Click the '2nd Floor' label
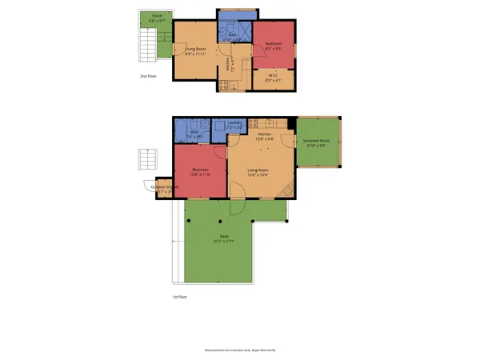147,77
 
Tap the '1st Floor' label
180,297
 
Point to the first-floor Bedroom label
200,170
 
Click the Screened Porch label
317,141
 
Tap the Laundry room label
234,123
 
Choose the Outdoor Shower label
165,187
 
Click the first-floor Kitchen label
261,134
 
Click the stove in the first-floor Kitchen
254,123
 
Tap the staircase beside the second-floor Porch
146,41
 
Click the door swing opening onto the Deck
238,206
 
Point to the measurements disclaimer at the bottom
239,350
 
